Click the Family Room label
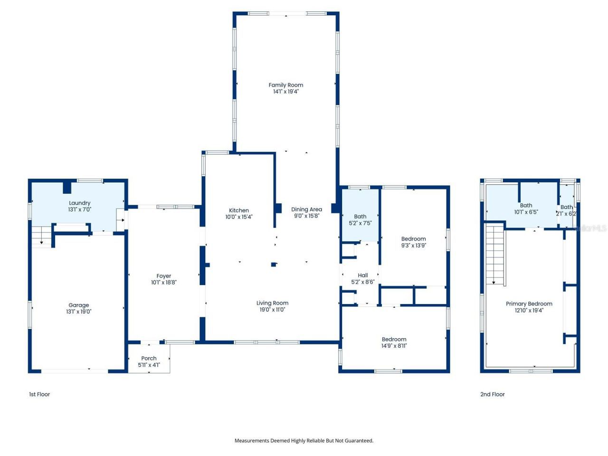tap(285, 85)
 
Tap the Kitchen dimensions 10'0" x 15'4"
tap(239, 217)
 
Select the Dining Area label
tap(306, 209)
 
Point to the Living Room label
tap(272, 303)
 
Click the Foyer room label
tap(164, 276)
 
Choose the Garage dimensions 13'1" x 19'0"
tap(79, 312)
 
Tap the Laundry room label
tap(79, 203)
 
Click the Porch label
tap(149, 359)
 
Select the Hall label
tap(363, 275)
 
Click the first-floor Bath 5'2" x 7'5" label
tap(360, 217)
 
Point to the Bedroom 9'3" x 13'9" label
tap(413, 239)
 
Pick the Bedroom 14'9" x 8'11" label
tap(394, 340)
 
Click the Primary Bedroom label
tap(529, 304)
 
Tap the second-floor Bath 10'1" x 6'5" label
tap(526, 206)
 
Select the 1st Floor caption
tap(39, 394)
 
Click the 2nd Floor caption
tap(492, 394)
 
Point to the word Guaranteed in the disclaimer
tap(358, 441)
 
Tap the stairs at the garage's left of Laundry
tap(41, 236)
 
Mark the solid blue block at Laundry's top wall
tap(67, 187)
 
